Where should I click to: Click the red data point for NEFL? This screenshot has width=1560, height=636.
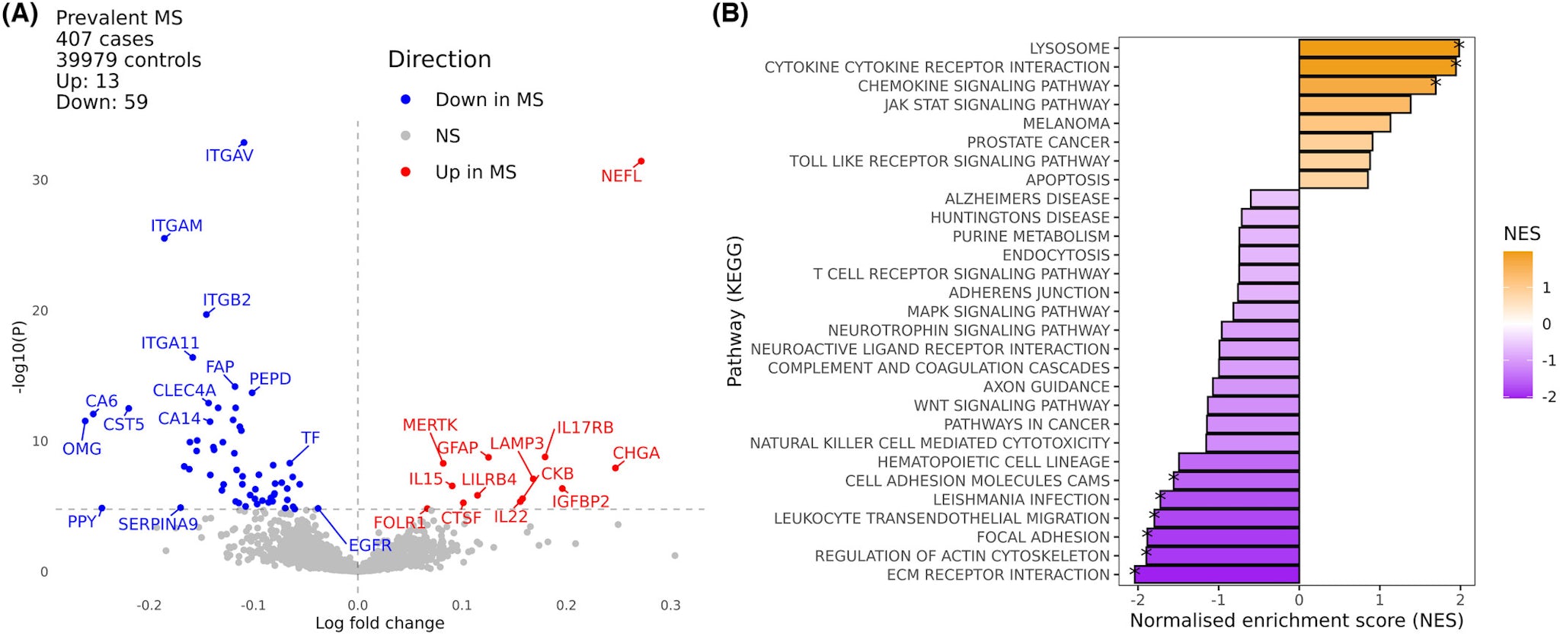[x=641, y=161]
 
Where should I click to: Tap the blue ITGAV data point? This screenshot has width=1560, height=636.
[x=244, y=143]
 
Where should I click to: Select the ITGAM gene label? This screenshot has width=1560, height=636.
[x=176, y=226]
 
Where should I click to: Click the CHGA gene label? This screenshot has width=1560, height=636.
[x=636, y=453]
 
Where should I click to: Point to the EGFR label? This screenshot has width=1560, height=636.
[x=369, y=545]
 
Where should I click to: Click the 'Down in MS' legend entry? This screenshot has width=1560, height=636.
[x=489, y=100]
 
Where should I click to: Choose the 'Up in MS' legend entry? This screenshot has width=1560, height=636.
[x=475, y=172]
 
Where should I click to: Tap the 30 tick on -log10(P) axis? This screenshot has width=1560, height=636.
[x=40, y=181]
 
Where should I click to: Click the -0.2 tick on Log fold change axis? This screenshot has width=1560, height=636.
[x=149, y=606]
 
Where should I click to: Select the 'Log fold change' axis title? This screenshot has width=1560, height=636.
[x=379, y=623]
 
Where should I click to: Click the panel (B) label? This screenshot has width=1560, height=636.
[x=729, y=14]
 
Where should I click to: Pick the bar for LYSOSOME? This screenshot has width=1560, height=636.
[x=1379, y=48]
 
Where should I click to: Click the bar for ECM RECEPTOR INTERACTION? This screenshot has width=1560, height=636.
[x=1216, y=574]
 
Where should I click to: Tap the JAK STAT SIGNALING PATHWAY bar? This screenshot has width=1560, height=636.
[x=1354, y=104]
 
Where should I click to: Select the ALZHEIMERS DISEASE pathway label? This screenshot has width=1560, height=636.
[x=1027, y=199]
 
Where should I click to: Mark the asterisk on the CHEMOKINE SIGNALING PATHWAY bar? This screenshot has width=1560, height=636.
[x=1436, y=82]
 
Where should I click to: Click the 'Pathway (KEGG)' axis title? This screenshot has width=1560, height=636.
[x=734, y=311]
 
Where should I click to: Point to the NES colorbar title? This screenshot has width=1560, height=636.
[x=1521, y=234]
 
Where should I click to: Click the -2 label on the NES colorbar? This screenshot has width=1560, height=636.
[x=1549, y=397]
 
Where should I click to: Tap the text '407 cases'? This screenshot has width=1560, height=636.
[x=104, y=39]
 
